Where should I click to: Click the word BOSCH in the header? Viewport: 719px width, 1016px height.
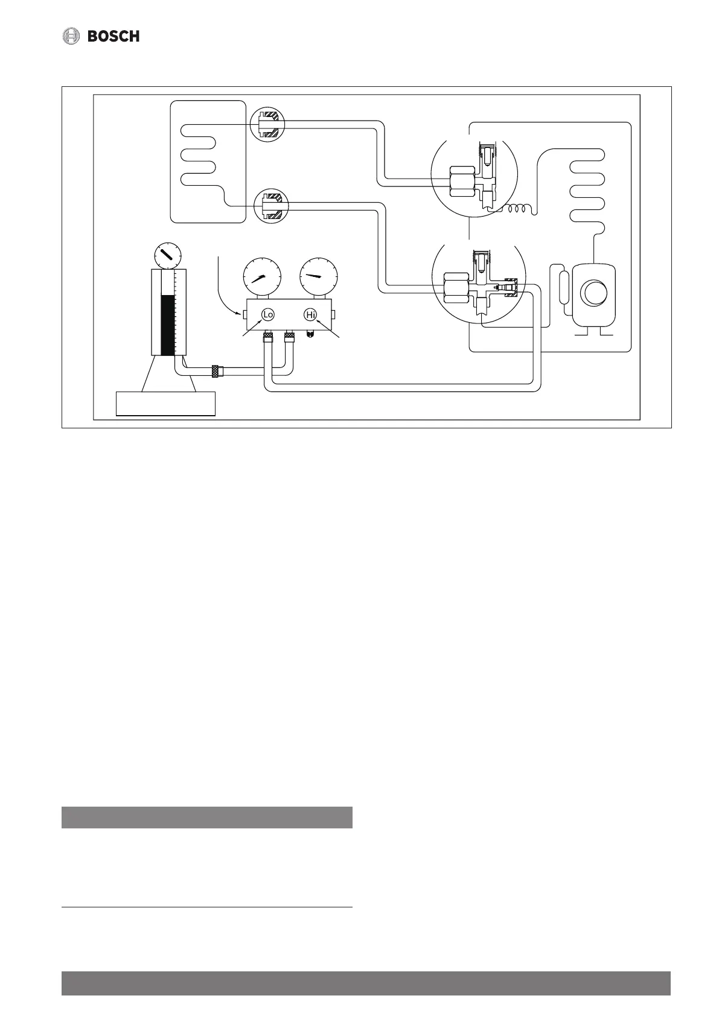tap(113, 36)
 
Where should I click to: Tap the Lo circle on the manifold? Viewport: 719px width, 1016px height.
tap(268, 315)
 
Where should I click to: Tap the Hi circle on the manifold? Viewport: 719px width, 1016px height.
tap(310, 315)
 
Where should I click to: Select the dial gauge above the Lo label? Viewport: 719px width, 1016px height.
tap(262, 277)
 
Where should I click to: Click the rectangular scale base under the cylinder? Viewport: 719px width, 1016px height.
tap(166, 404)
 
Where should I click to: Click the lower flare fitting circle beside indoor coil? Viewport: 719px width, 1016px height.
tap(271, 205)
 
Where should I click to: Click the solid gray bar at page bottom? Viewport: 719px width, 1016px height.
tap(366, 983)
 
